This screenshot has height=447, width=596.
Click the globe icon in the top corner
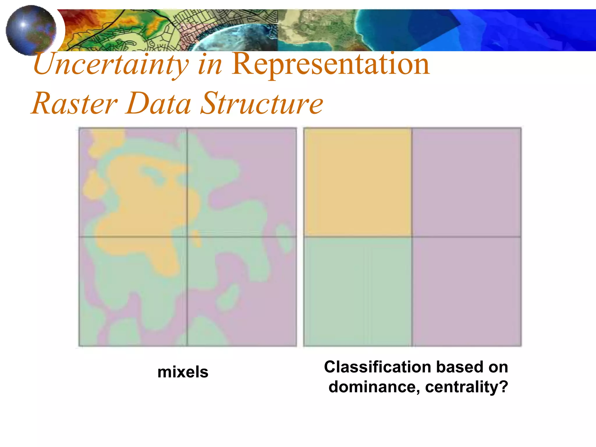(31, 30)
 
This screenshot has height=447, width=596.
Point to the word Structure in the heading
(262, 104)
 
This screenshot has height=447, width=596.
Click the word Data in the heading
(159, 104)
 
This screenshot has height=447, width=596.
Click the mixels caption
(183, 372)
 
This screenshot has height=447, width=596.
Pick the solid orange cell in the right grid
(358, 182)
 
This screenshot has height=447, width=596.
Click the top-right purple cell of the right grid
(466, 182)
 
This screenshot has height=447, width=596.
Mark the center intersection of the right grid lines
(412, 237)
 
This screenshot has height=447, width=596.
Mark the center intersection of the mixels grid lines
(187, 237)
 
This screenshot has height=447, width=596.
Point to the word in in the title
(210, 65)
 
